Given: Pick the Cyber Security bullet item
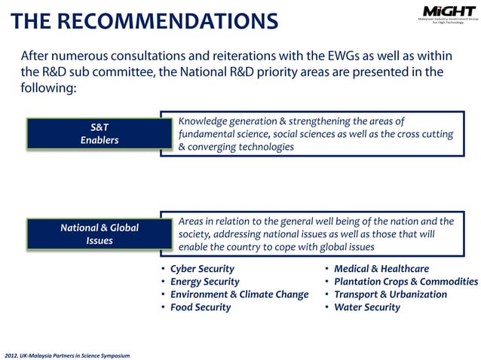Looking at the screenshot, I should (x=202, y=269).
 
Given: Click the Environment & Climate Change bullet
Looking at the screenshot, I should (x=239, y=294).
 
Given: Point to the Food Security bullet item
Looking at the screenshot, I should (x=201, y=307).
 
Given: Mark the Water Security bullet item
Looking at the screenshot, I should (x=367, y=307).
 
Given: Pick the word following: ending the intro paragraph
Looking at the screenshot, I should (x=49, y=88).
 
